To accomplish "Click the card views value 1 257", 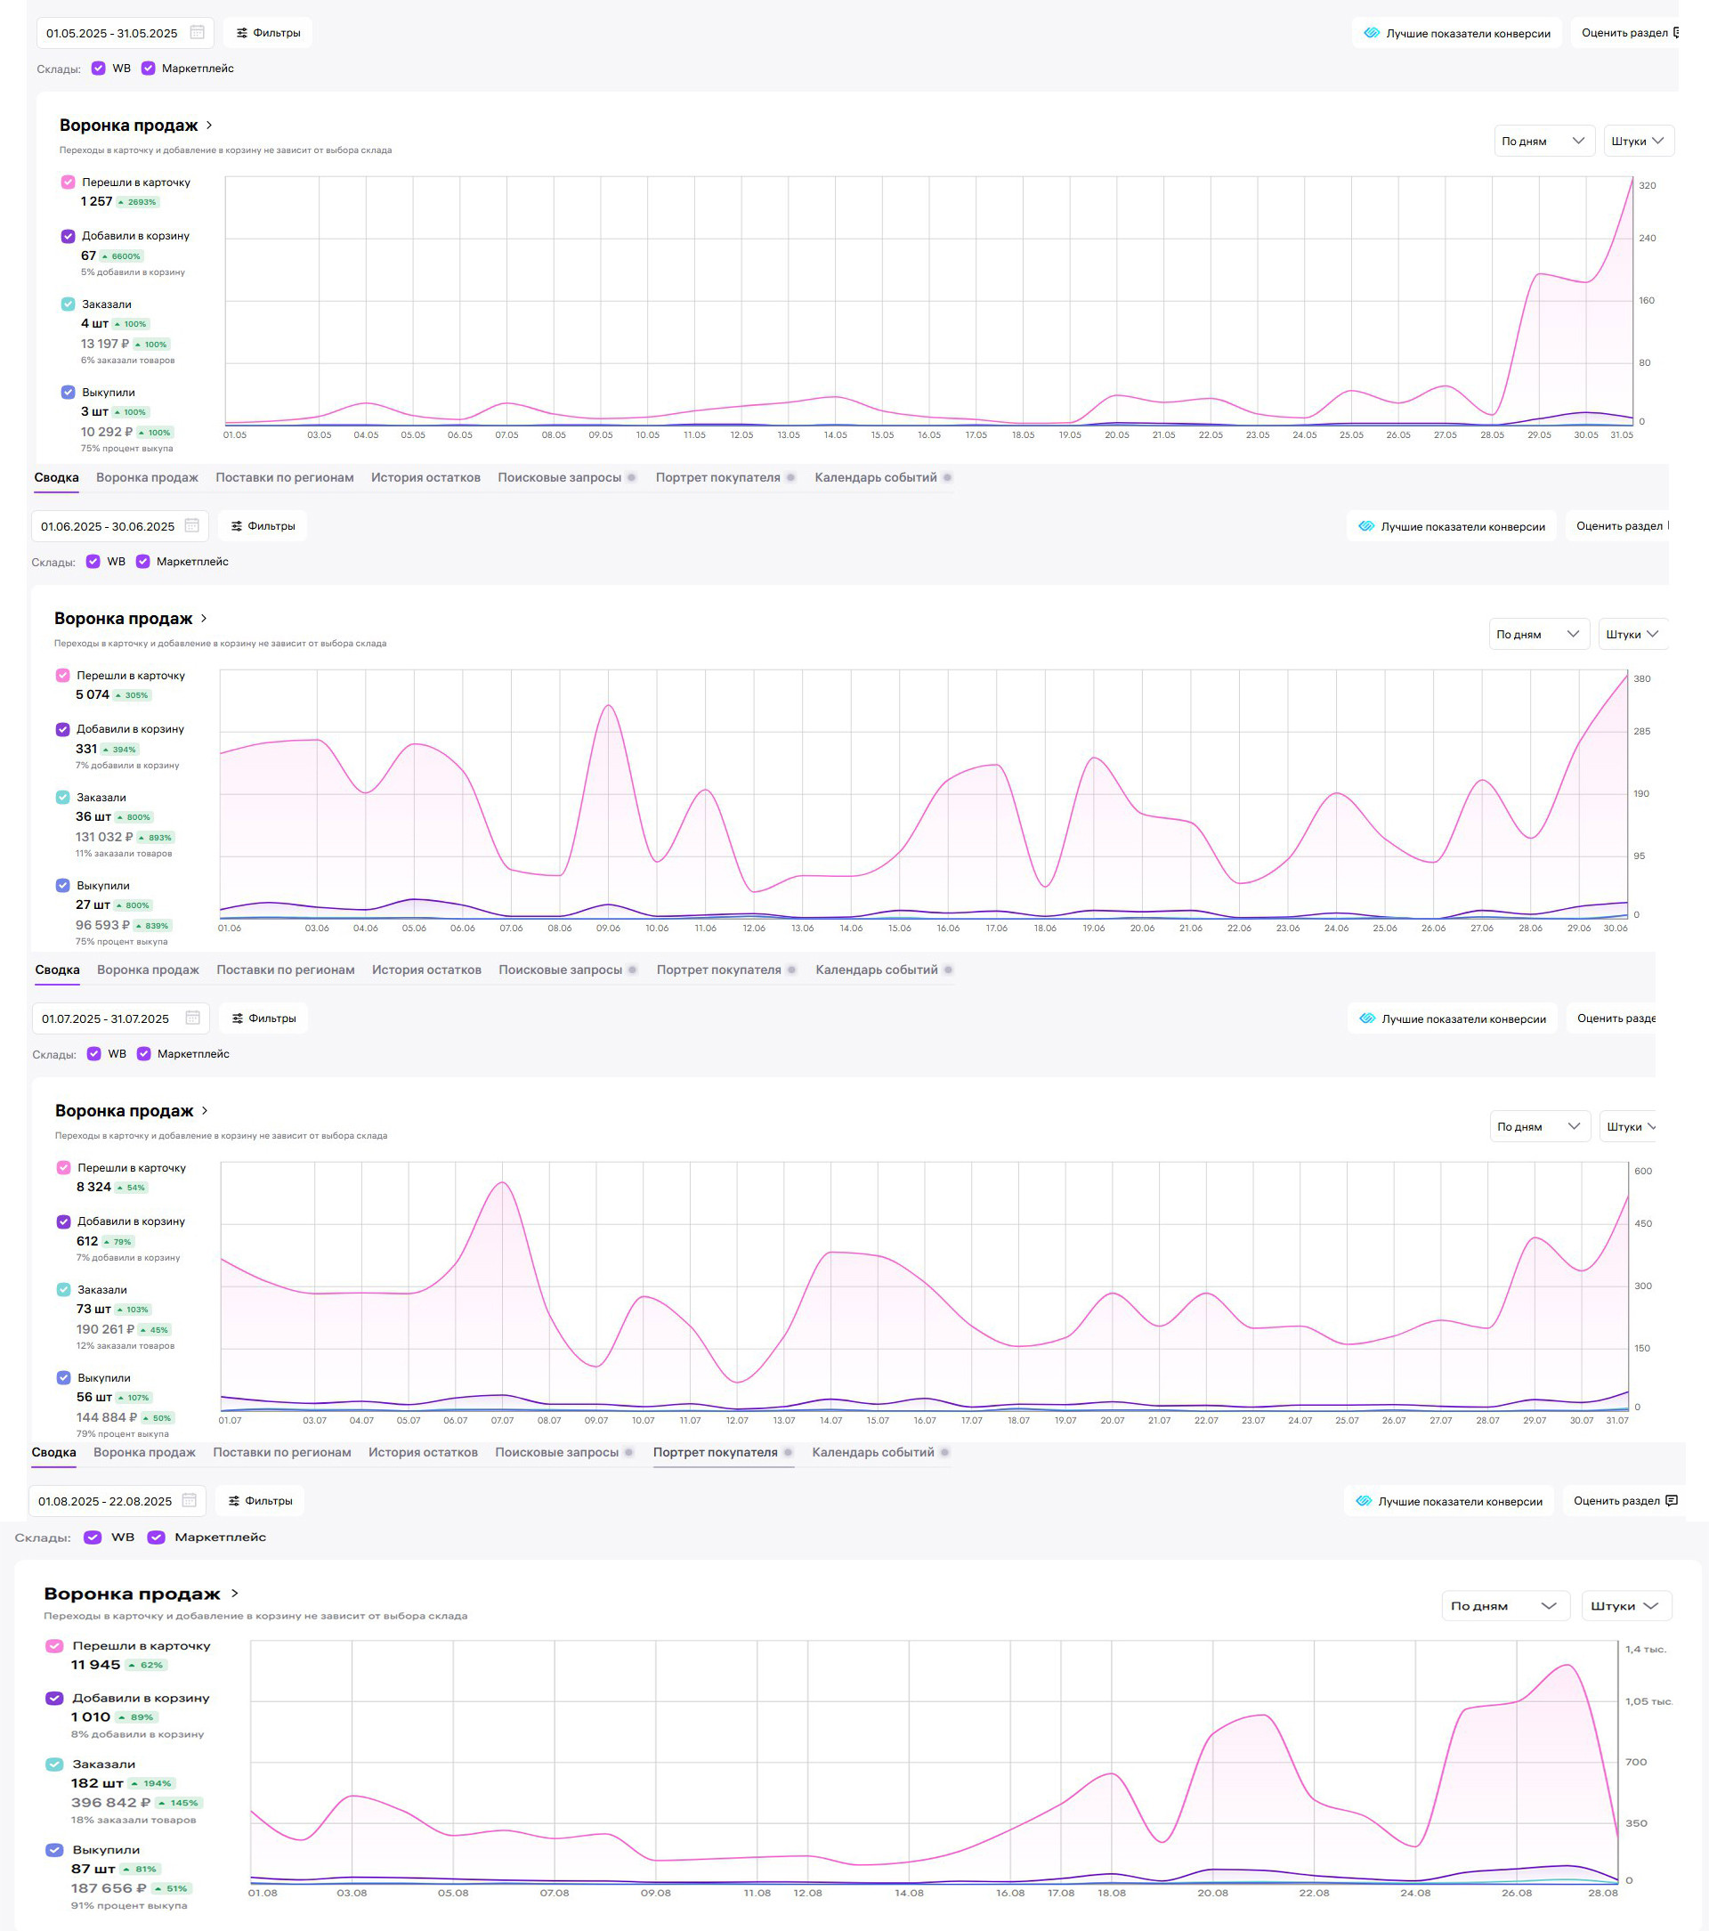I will [96, 202].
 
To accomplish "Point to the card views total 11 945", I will [95, 1665].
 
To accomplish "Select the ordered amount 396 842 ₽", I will [110, 1803].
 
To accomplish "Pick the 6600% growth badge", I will [123, 256].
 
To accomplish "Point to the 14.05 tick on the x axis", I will [835, 435].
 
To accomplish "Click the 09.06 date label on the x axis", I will [609, 929].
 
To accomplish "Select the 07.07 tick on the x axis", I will [503, 1421].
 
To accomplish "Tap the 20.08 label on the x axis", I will [1213, 1894].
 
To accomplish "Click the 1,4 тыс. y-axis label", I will [1646, 1650].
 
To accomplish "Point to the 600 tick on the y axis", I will [1644, 1172].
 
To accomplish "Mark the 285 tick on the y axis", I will [1643, 732].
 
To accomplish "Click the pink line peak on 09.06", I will [609, 706].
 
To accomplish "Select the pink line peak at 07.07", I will [503, 1183].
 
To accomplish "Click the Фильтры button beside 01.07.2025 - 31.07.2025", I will [263, 1018].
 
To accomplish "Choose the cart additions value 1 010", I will [91, 1716].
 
